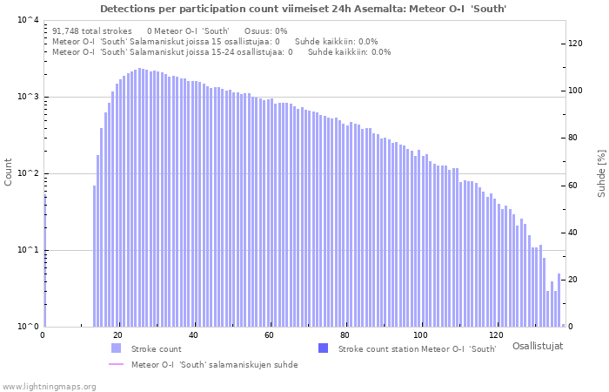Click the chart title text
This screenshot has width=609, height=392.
coord(304,9)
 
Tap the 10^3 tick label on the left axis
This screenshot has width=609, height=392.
coord(28,96)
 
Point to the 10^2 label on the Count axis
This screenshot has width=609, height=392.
coord(28,172)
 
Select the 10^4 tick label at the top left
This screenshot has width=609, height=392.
coord(28,19)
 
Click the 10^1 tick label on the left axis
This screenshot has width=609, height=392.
coord(28,249)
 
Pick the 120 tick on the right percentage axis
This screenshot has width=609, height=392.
coord(575,44)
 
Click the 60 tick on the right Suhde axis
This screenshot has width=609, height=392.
coord(572,185)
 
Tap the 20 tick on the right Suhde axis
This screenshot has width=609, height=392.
coord(572,280)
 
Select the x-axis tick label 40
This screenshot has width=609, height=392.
coord(193,335)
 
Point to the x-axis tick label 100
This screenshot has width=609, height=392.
coord(420,335)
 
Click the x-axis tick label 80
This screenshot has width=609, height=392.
coord(345,335)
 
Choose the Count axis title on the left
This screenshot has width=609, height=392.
coord(8,172)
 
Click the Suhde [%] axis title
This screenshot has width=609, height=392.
coord(601,173)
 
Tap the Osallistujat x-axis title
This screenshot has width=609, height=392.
coord(538,346)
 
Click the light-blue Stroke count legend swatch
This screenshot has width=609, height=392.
coord(116,348)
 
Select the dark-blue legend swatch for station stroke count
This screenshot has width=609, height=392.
coord(323,348)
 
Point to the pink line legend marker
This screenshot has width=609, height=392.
coord(116,364)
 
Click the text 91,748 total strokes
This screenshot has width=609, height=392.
coord(92,31)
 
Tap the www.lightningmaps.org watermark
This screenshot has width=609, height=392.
coord(49,387)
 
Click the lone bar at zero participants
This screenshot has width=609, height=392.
coord(44,260)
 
